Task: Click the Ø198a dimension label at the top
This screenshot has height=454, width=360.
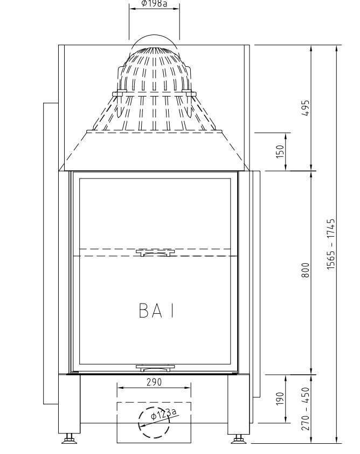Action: coord(154,3)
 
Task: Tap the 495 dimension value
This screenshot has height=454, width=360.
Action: coord(306,108)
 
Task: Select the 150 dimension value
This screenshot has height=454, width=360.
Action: coord(280,152)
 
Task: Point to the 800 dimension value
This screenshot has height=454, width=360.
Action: coord(306,270)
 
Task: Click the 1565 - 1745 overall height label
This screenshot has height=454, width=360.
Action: coord(331,244)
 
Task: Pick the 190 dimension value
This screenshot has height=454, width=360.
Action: coord(280,398)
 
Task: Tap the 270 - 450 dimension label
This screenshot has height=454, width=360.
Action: coord(306,409)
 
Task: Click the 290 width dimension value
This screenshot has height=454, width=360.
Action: coord(154,382)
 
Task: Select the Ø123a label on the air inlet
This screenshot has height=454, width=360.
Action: coord(163,414)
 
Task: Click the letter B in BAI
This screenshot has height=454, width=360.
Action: coord(144,311)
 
